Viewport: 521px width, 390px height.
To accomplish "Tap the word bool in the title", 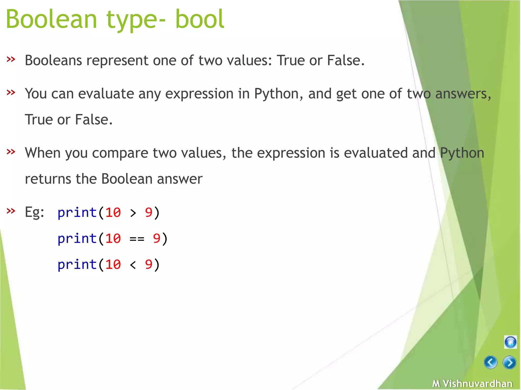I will point(200,19).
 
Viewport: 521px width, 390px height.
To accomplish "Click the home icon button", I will point(510,342).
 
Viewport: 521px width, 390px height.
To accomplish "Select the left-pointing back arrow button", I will point(490,362).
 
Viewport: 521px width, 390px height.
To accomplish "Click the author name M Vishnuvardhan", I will point(472,383).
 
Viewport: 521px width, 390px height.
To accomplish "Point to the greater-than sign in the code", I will point(133,213).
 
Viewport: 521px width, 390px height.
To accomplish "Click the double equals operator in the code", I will point(137,239).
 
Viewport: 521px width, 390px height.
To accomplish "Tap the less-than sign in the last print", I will point(133,265).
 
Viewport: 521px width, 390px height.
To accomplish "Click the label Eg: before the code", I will point(34,212).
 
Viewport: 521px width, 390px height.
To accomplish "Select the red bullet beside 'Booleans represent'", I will point(11,59).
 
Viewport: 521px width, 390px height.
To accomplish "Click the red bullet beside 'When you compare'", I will point(11,152).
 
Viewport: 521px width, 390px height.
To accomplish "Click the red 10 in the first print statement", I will point(113,213).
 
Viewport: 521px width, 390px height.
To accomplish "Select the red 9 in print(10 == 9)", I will point(157,238).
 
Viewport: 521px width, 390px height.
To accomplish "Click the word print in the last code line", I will point(77,265).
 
